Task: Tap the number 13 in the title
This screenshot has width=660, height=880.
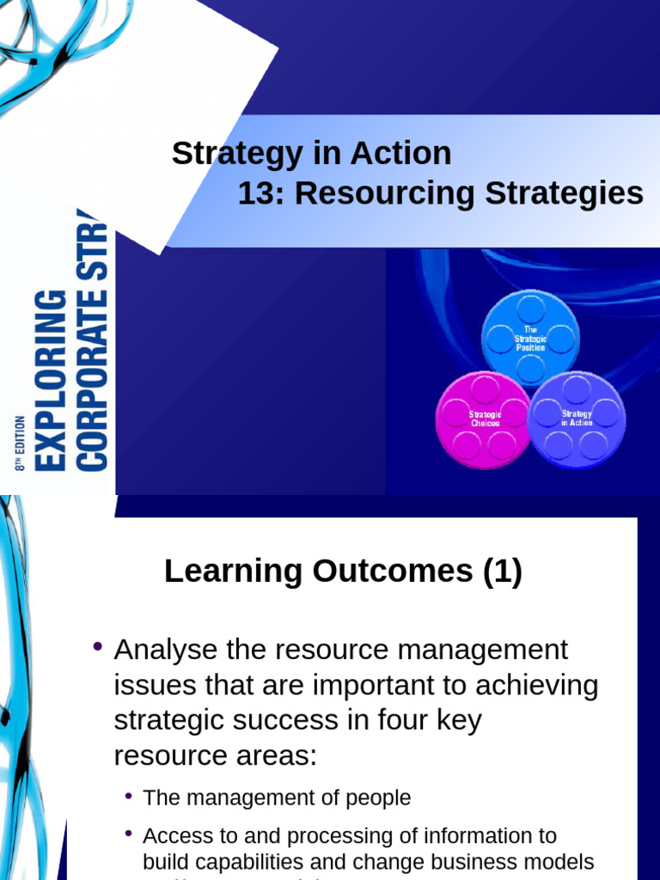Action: click(x=255, y=193)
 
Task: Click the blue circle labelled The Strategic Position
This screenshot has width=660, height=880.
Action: click(x=530, y=339)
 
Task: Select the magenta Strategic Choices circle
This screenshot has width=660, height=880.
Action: click(x=484, y=419)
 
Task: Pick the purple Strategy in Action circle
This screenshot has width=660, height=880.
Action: click(x=577, y=419)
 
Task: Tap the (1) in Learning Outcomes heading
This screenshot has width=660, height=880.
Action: click(x=502, y=571)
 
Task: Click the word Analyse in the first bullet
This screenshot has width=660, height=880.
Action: click(x=160, y=650)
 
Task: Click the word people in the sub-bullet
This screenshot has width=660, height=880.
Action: click(x=378, y=798)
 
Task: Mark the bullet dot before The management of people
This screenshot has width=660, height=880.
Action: click(x=129, y=797)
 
